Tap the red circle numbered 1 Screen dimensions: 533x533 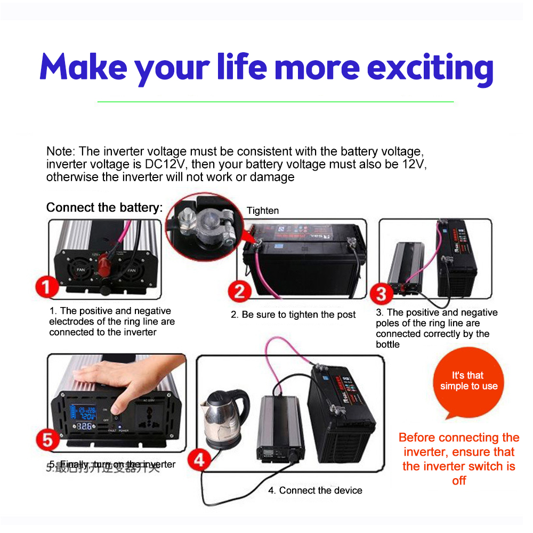[x=47, y=288]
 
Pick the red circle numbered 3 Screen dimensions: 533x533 [x=381, y=294]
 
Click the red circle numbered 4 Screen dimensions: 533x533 [x=199, y=459]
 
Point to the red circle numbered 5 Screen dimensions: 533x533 [x=48, y=440]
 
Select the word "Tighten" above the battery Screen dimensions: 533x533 [x=263, y=211]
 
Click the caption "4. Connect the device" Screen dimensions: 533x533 [x=315, y=490]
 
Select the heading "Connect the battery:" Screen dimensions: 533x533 [x=104, y=207]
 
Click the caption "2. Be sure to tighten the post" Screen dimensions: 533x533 [x=293, y=314]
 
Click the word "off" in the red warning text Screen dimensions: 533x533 [x=459, y=481]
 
